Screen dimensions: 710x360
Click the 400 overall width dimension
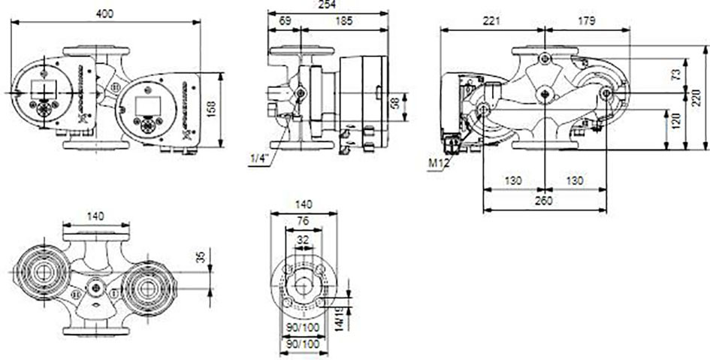pos(104,14)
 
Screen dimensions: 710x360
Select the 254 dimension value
pos(328,4)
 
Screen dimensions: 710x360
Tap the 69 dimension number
pos(284,21)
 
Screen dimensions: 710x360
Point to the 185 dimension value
pos(345,21)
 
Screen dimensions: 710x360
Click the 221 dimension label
pos(491,21)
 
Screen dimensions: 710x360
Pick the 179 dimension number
pos(587,21)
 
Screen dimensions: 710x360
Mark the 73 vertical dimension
pos(675,74)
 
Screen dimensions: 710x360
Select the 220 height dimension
pos(696,98)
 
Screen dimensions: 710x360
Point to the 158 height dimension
pos(211,110)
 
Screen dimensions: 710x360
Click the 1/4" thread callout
pos(260,159)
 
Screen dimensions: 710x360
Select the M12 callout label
pos(438,163)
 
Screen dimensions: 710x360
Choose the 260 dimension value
pos(543,201)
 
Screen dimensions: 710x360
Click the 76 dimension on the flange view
pos(303,221)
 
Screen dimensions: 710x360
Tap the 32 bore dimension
pos(303,240)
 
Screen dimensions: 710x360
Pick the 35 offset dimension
pos(201,257)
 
